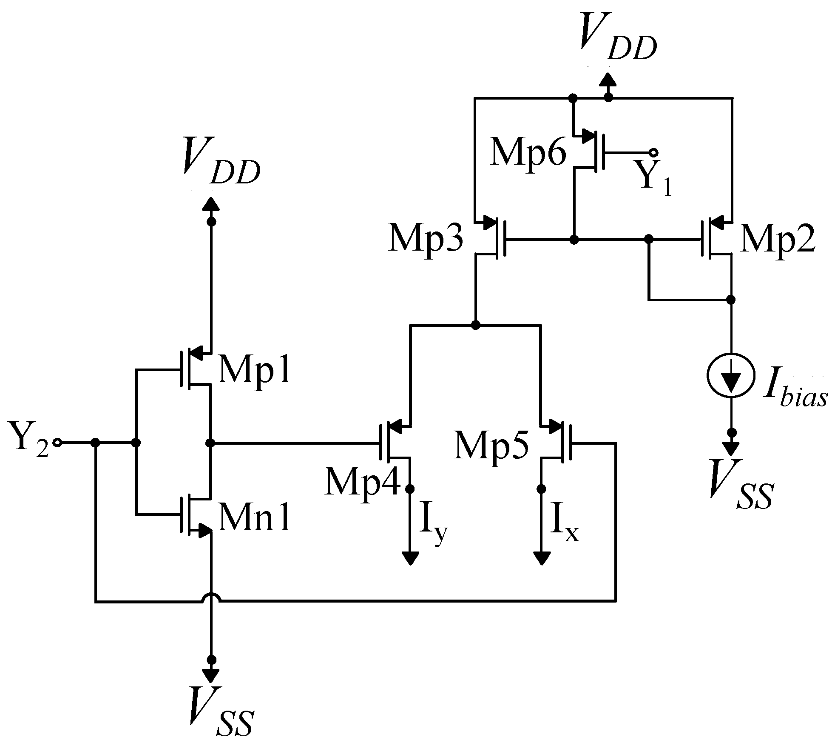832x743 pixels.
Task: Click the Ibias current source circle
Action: [x=731, y=375]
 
